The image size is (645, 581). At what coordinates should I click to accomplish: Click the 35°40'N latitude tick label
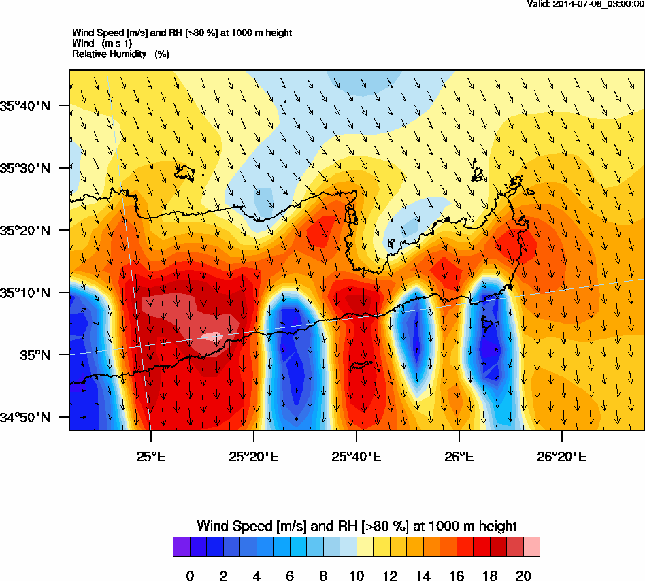(26, 105)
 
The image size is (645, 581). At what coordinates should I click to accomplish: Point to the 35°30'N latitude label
(26, 168)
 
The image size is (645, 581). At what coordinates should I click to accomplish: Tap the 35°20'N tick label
(26, 231)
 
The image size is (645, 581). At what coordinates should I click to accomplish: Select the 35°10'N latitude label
(26, 293)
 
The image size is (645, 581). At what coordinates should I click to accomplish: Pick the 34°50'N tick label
(26, 417)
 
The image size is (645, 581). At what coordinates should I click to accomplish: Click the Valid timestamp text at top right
(585, 4)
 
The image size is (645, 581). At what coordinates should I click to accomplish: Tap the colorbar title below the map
(357, 526)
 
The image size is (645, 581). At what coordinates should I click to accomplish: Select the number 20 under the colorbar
(523, 576)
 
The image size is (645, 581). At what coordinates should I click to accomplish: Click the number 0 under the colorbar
(190, 576)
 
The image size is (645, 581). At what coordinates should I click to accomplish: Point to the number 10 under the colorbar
(357, 576)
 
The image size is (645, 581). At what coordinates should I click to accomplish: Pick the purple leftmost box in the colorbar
(182, 547)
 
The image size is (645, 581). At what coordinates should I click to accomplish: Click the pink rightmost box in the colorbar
(531, 547)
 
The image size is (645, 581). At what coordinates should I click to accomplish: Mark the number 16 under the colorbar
(456, 576)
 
